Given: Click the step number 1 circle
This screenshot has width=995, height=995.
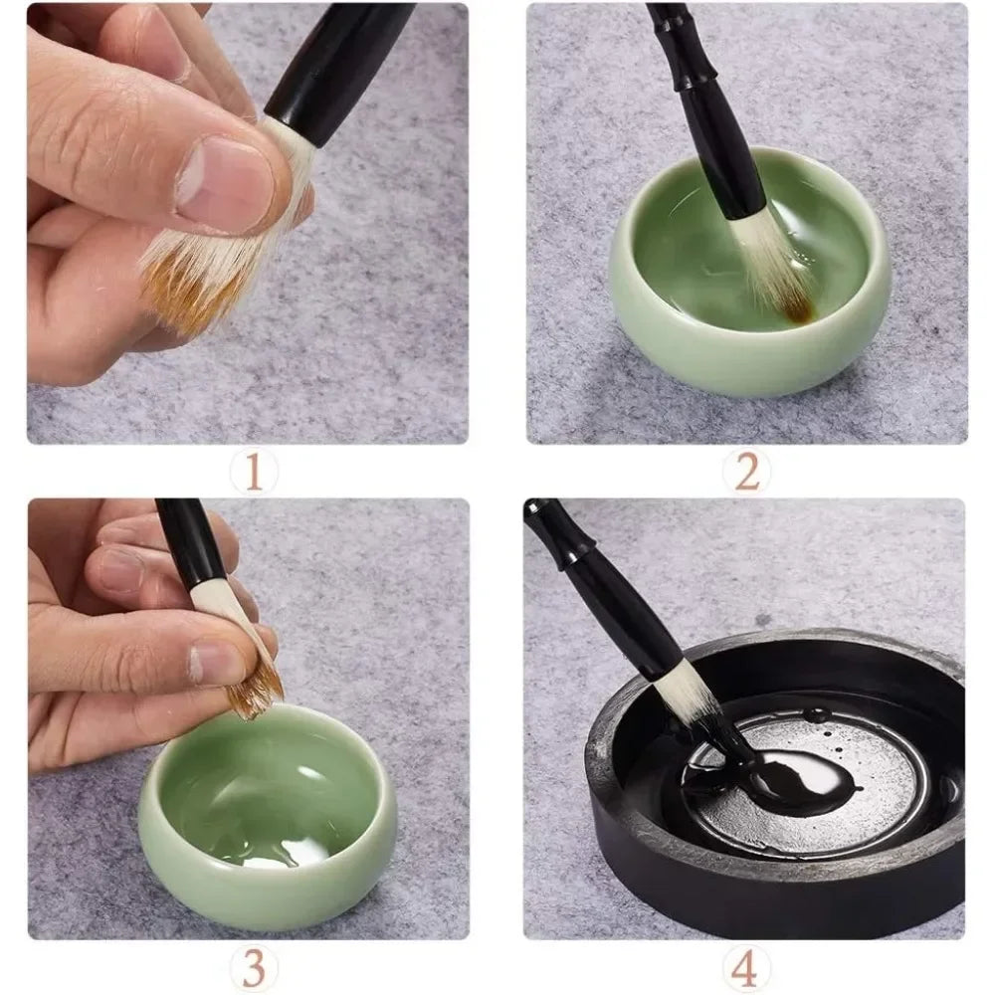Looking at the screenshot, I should click(254, 472).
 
